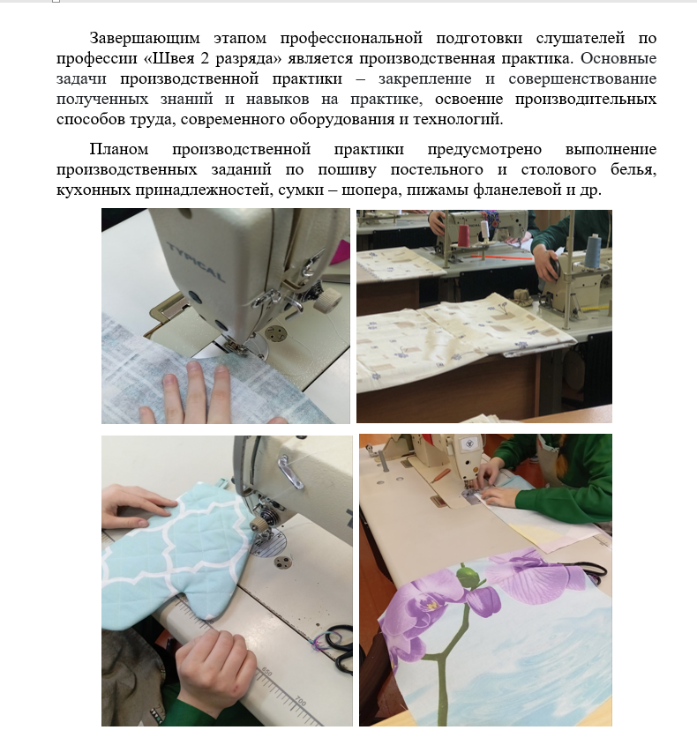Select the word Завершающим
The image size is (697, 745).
[x=145, y=38]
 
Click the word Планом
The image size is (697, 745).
[x=119, y=149]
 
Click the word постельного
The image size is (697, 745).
[x=437, y=169]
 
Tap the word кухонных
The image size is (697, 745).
[x=94, y=190]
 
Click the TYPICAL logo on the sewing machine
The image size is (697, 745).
[x=196, y=261]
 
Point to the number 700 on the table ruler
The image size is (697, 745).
[x=301, y=701]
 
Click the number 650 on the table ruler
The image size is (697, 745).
[x=266, y=673]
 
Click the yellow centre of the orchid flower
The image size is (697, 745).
[x=431, y=606]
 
